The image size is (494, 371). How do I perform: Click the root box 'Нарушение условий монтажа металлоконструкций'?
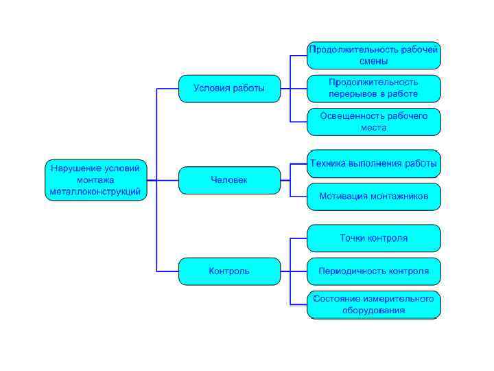tap(96, 180)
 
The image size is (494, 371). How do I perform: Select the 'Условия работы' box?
tap(229, 89)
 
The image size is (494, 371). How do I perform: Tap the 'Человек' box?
tap(229, 180)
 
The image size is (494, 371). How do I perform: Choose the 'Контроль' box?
tap(229, 271)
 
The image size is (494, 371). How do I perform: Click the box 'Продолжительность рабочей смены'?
tap(373, 56)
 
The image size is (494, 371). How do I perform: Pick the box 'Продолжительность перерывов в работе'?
tap(373, 89)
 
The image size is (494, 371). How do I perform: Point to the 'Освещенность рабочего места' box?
tap(373, 122)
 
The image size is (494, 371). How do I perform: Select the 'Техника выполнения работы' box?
tap(373, 164)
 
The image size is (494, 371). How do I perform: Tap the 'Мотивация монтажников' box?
tap(373, 196)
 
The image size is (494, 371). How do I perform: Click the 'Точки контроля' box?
tap(373, 238)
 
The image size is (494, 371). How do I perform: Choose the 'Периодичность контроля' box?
tap(373, 271)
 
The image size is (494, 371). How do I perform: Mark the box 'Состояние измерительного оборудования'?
tap(373, 304)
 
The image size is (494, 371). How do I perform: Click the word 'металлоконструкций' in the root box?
tap(96, 192)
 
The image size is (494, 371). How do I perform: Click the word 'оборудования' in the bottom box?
tap(373, 311)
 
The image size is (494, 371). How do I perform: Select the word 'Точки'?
tap(353, 238)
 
